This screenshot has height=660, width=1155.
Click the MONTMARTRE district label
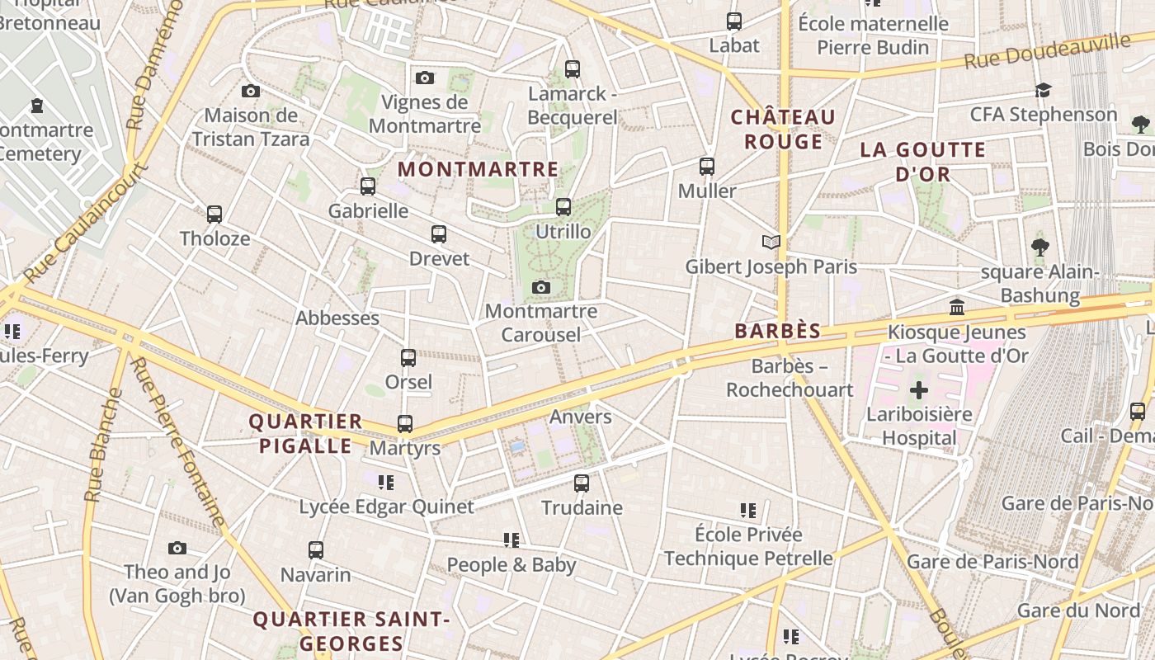click(478, 169)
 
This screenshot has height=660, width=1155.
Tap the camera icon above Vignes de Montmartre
click(425, 78)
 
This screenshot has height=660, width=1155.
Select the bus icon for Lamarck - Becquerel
click(573, 69)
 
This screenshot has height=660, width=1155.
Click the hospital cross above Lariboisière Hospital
click(919, 389)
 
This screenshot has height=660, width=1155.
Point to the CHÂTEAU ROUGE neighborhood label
click(783, 130)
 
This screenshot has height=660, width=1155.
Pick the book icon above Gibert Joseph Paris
click(771, 242)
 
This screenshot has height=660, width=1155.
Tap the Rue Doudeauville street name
click(1046, 51)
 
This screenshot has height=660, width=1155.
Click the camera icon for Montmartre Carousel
click(541, 287)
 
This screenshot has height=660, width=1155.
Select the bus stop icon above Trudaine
click(582, 483)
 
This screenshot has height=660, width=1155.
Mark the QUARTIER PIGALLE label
click(305, 434)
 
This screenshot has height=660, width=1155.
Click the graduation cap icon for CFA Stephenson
click(1044, 90)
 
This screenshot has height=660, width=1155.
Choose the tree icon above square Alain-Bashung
click(1039, 247)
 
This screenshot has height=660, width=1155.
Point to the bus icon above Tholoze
click(214, 214)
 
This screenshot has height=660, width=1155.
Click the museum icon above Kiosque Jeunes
click(957, 308)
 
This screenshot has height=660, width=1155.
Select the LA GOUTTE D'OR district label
click(923, 162)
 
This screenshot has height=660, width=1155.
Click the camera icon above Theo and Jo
click(177, 548)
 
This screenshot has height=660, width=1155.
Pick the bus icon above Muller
click(707, 167)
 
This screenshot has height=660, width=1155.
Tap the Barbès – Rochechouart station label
click(790, 378)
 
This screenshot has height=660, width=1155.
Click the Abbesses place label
click(337, 318)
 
